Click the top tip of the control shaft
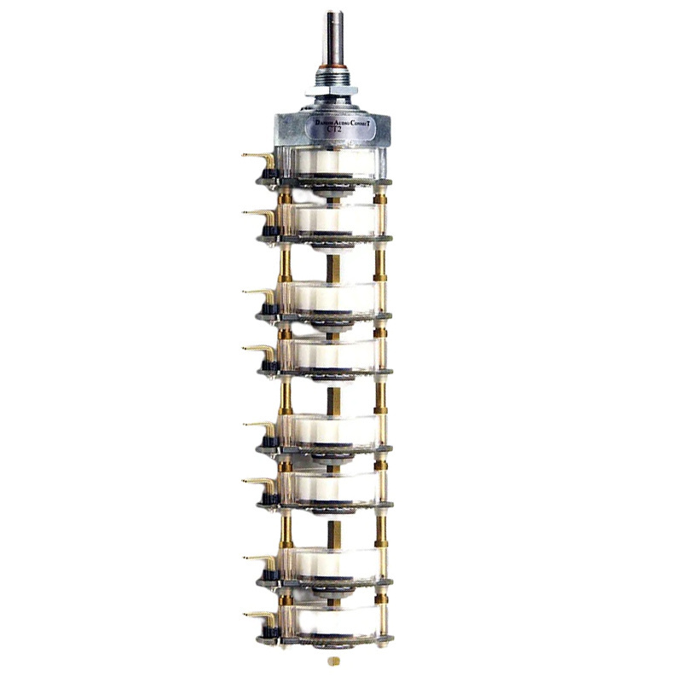point(333,14)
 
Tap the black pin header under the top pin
point(270,175)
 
